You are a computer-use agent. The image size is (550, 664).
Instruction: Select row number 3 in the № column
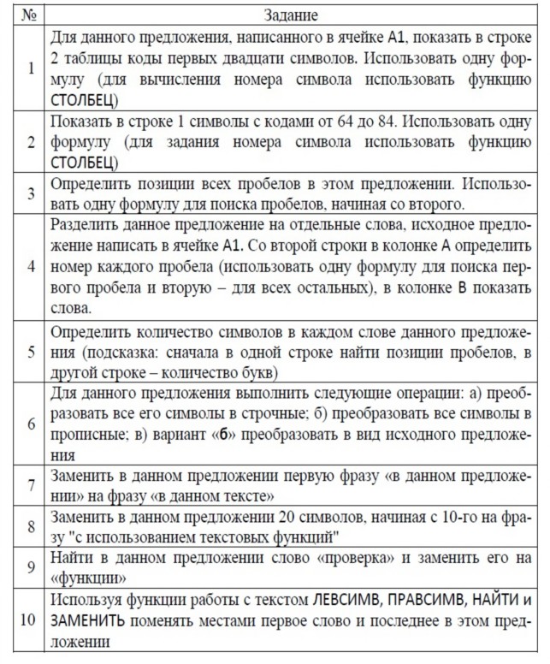point(30,193)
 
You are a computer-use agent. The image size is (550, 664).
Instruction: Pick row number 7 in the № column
point(30,485)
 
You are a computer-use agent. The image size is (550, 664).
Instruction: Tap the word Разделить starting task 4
point(85,225)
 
